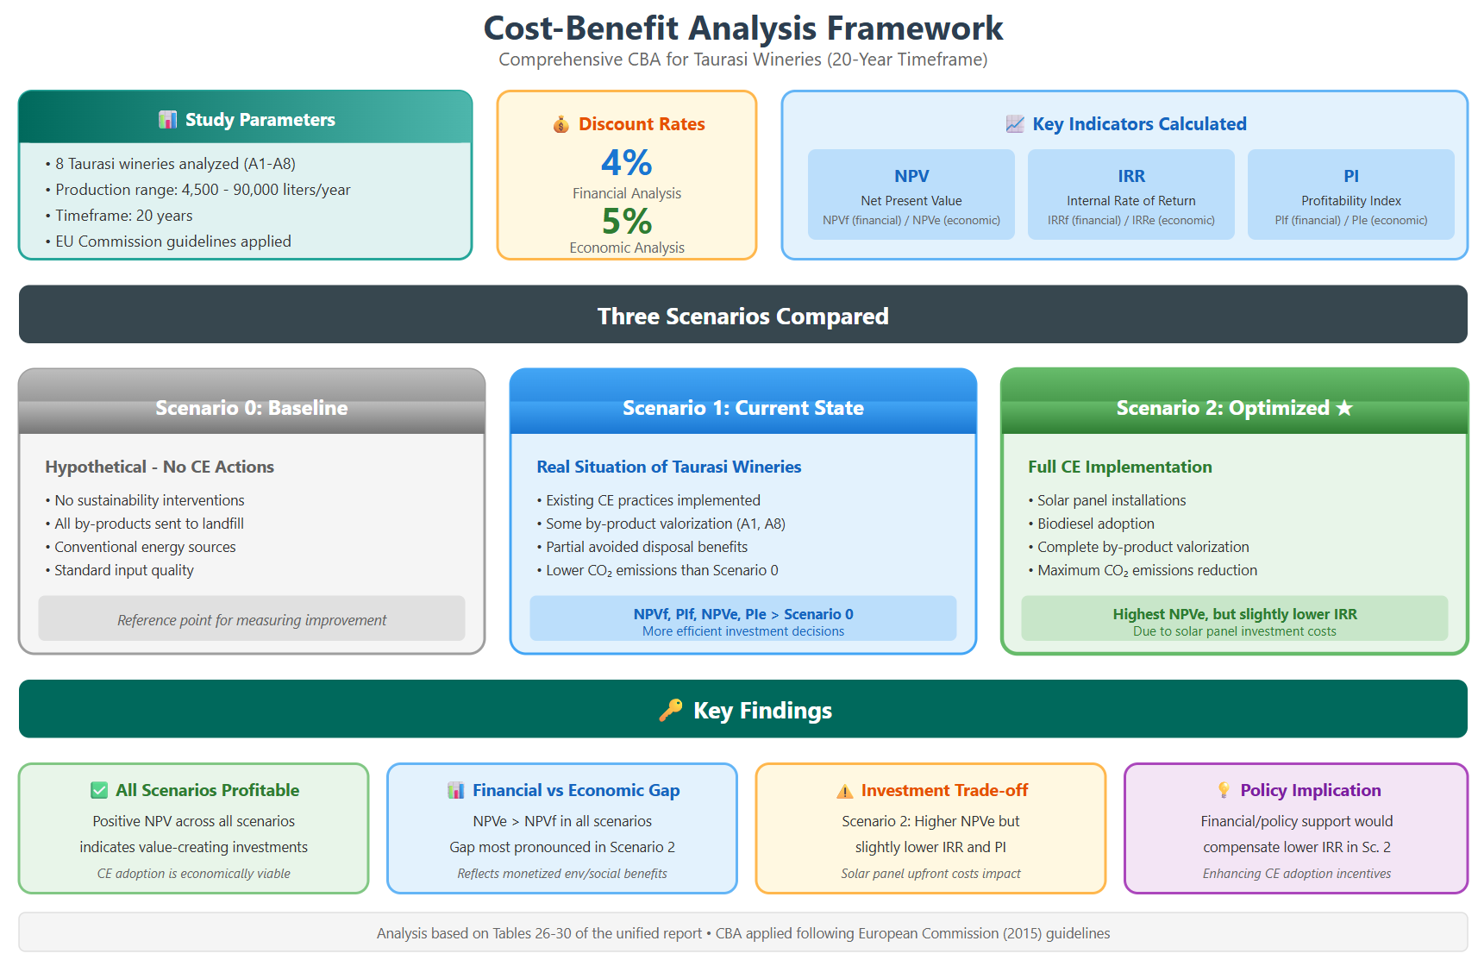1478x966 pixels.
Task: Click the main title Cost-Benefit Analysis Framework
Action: coord(743,28)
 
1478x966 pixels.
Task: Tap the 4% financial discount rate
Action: coord(626,162)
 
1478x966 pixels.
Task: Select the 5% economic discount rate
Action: coord(626,221)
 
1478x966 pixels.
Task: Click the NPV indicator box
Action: coord(911,194)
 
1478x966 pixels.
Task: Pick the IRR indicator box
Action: coord(1131,194)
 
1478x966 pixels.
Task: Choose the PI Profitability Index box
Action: coord(1350,194)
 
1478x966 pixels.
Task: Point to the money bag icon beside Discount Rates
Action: coord(561,124)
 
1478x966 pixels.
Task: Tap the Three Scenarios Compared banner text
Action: coord(743,316)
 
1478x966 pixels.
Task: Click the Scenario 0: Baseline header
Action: coord(252,408)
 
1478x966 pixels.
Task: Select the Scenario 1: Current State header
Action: coord(743,408)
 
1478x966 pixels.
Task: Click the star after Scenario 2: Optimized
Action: coord(1344,409)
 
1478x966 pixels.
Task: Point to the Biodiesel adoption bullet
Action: coord(1092,524)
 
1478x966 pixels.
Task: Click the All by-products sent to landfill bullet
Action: coord(145,524)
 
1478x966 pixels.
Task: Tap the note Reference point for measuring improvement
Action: coord(252,619)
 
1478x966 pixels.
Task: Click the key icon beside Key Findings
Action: coord(670,710)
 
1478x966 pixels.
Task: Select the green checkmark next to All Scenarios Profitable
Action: coord(99,790)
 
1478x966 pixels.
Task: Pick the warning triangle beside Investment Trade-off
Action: coord(844,791)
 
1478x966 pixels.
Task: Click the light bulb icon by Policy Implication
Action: coord(1224,790)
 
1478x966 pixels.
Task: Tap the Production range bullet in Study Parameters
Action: coord(198,190)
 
